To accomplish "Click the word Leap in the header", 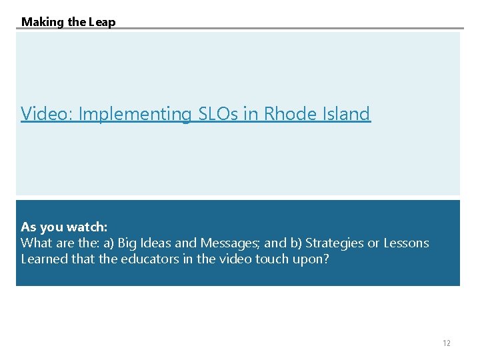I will tap(103, 22).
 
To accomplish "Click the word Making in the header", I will tap(42, 22).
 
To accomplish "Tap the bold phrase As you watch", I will tap(64, 227).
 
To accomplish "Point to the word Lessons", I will tap(407, 243).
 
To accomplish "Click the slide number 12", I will tap(446, 343).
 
